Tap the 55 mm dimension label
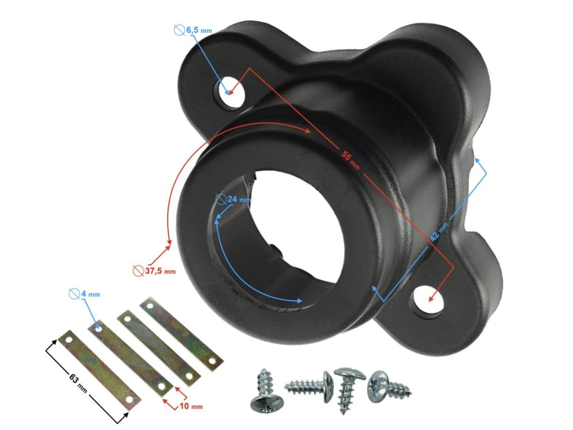click(x=350, y=160)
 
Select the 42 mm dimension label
click(x=439, y=232)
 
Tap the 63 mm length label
click(x=78, y=383)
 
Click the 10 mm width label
click(x=191, y=406)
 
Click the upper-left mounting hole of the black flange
click(x=231, y=92)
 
